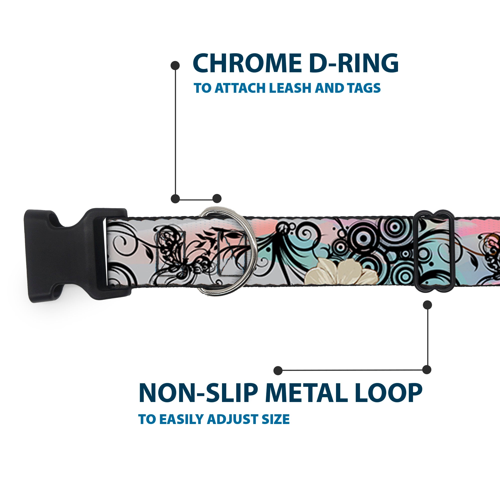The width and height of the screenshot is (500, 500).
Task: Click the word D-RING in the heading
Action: [353, 63]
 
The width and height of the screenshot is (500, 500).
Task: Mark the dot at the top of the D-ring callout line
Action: [175, 65]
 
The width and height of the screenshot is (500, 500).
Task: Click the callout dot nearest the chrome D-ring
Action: [217, 198]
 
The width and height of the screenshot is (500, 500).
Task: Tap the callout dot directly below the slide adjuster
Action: [427, 305]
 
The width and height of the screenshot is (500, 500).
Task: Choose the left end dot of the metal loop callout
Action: [278, 370]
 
